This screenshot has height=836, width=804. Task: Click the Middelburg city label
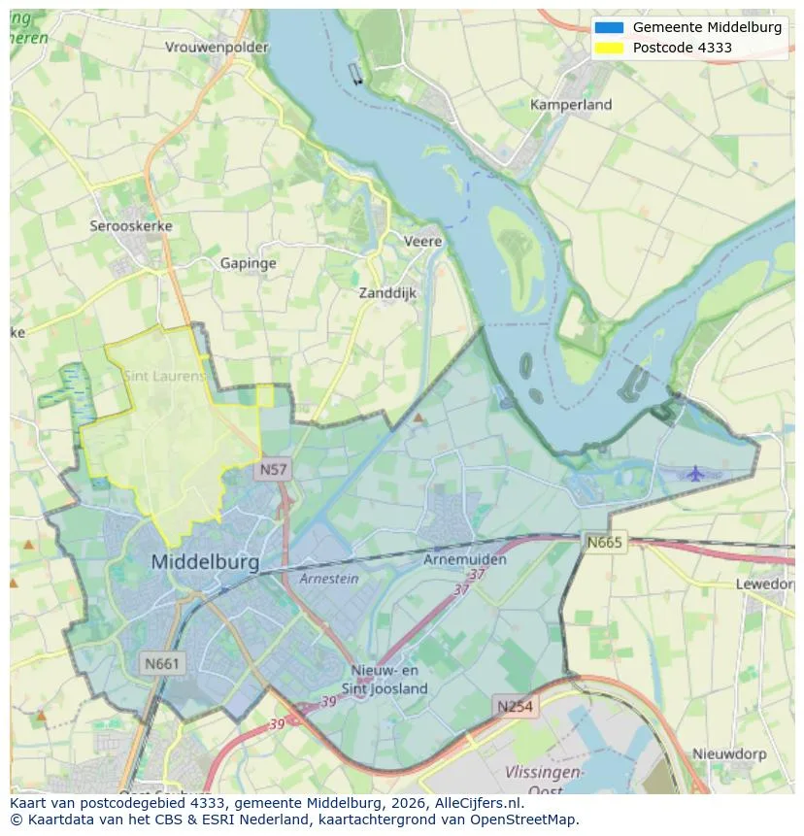205,562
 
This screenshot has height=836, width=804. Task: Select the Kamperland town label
571,105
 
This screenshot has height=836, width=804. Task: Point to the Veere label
422,242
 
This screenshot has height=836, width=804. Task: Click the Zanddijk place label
387,292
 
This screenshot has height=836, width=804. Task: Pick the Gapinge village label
248,263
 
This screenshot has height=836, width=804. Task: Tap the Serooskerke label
131,226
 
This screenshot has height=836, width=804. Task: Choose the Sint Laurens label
164,375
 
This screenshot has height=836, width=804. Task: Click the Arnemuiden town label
465,560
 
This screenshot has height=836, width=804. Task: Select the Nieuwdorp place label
729,753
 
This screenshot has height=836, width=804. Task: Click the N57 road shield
273,470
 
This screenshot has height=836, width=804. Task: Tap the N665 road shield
604,542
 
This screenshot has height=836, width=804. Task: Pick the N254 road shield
514,706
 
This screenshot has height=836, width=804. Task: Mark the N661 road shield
161,664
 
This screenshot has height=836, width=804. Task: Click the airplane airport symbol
695,473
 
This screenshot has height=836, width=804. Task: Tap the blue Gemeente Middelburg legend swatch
609,28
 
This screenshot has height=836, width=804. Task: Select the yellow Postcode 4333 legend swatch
609,48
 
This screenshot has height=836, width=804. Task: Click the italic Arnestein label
328,579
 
